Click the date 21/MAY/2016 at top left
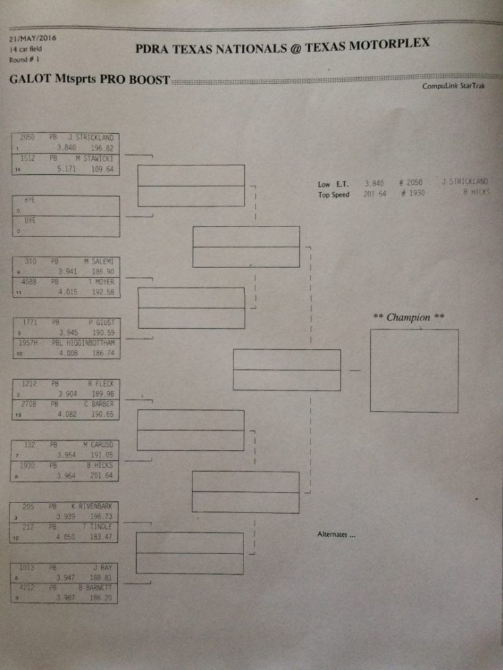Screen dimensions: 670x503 (33, 38)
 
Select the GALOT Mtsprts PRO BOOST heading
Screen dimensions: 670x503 (89, 78)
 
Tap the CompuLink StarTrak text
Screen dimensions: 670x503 (454, 86)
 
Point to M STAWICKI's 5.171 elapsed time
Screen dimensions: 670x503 (67, 170)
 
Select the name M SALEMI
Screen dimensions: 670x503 (99, 261)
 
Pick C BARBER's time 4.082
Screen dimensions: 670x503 (67, 415)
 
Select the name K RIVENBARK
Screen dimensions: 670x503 (93, 507)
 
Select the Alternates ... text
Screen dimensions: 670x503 (336, 534)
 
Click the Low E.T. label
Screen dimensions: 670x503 (333, 184)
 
